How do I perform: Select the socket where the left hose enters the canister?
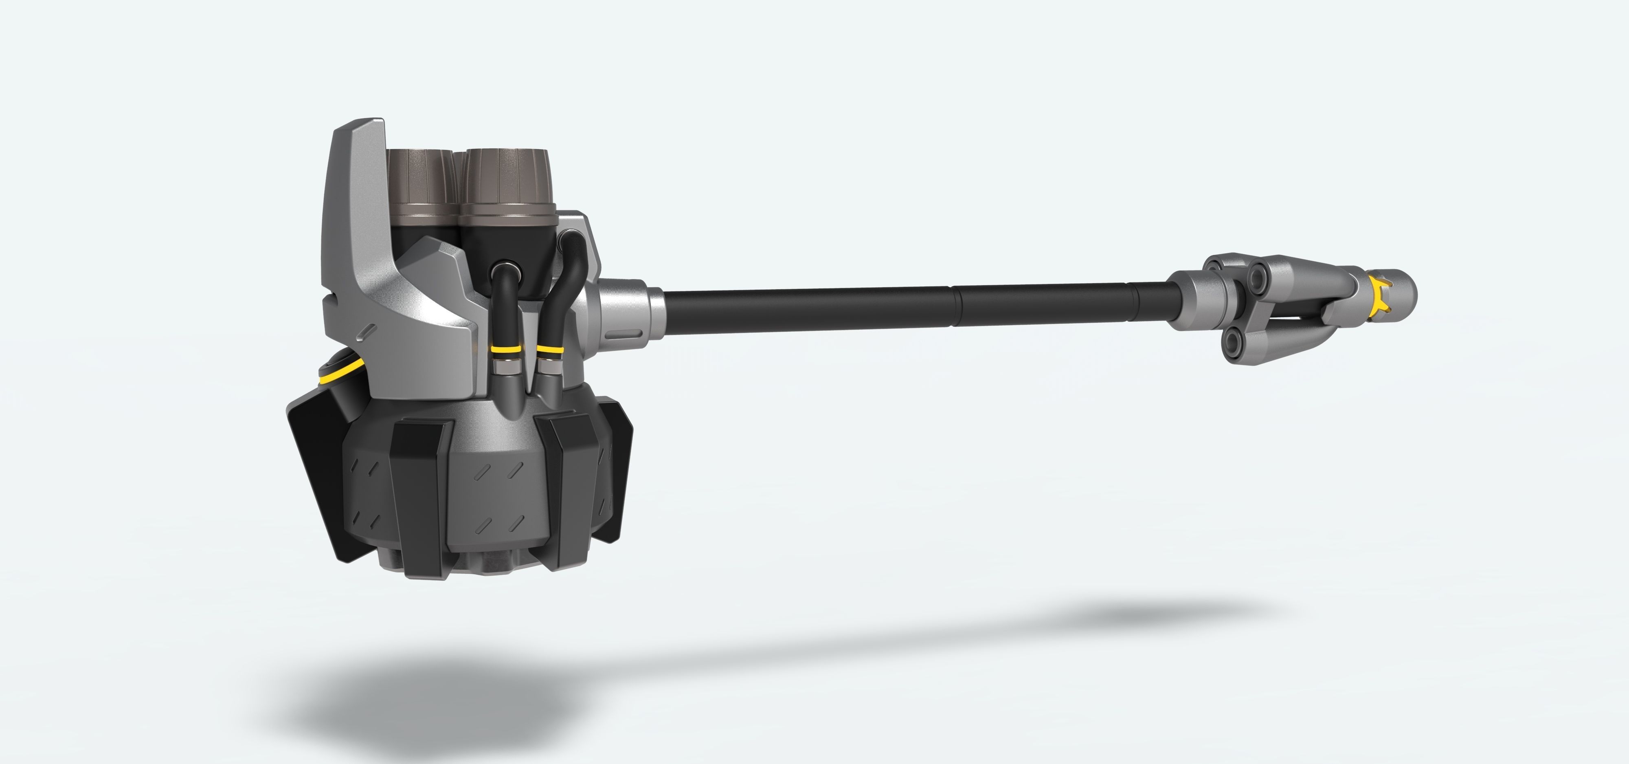[x=506, y=269]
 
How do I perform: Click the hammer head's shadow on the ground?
[x=430, y=702]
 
